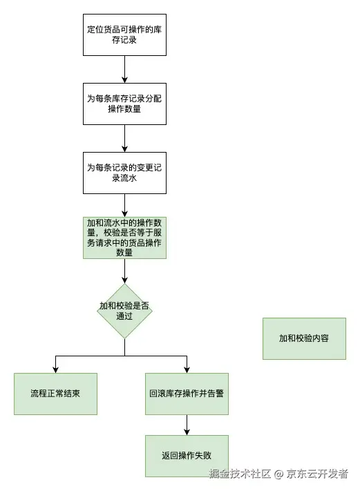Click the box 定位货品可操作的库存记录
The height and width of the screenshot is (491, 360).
[124, 35]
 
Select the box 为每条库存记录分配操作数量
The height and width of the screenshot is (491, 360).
[124, 104]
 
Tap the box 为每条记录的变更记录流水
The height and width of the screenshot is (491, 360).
[124, 173]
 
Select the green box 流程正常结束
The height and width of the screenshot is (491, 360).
[55, 394]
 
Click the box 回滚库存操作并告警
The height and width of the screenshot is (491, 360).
[187, 394]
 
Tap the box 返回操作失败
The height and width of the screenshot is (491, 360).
[187, 456]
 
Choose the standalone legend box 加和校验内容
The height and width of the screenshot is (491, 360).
[304, 338]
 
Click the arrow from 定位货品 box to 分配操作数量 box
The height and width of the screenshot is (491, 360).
[124, 69]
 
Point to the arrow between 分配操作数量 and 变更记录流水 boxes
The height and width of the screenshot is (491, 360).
[124, 138]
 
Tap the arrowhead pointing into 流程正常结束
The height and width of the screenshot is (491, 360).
[55, 369]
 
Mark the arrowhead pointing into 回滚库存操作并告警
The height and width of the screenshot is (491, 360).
[187, 369]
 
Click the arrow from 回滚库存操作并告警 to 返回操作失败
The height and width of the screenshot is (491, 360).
[187, 425]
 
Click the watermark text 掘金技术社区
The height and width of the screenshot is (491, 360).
[240, 474]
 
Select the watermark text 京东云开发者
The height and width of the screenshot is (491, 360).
[318, 474]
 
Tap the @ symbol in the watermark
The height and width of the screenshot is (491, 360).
[279, 474]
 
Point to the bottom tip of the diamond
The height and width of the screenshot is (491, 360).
[124, 338]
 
